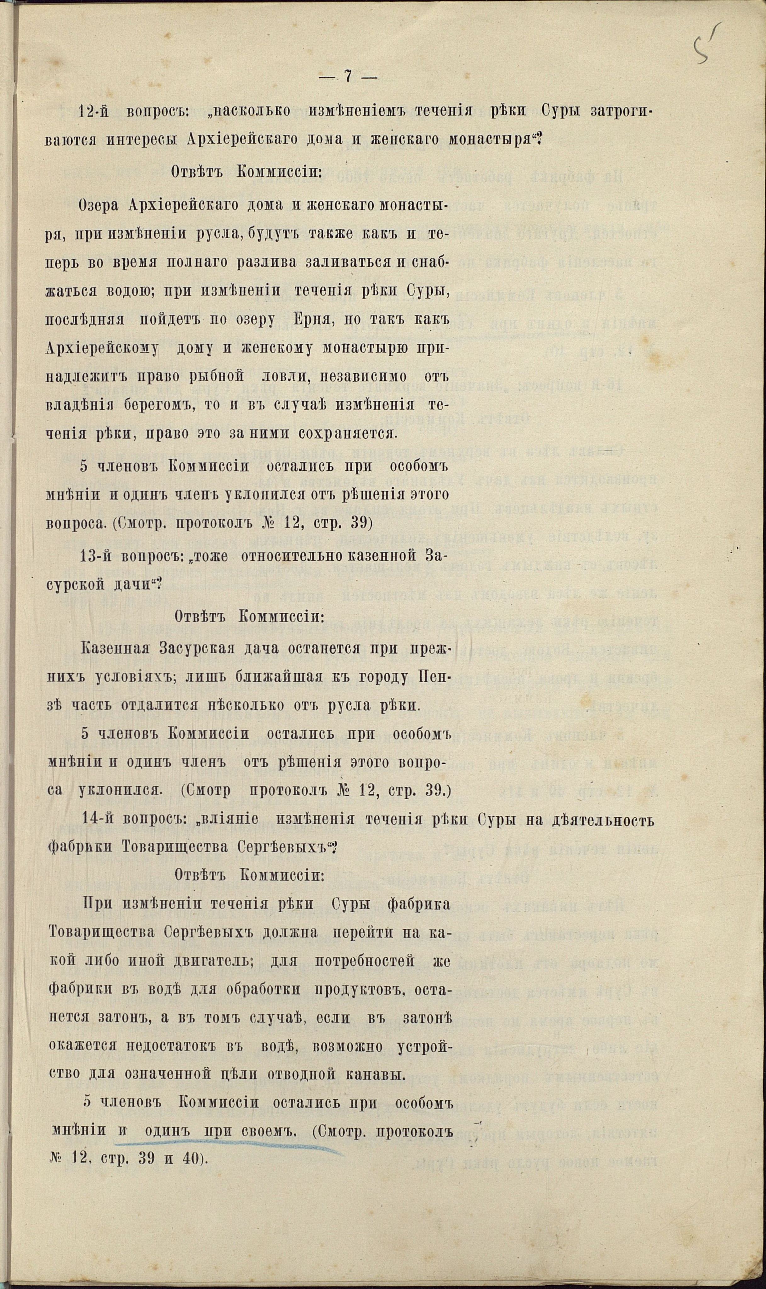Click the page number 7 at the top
pyautogui.click(x=347, y=76)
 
